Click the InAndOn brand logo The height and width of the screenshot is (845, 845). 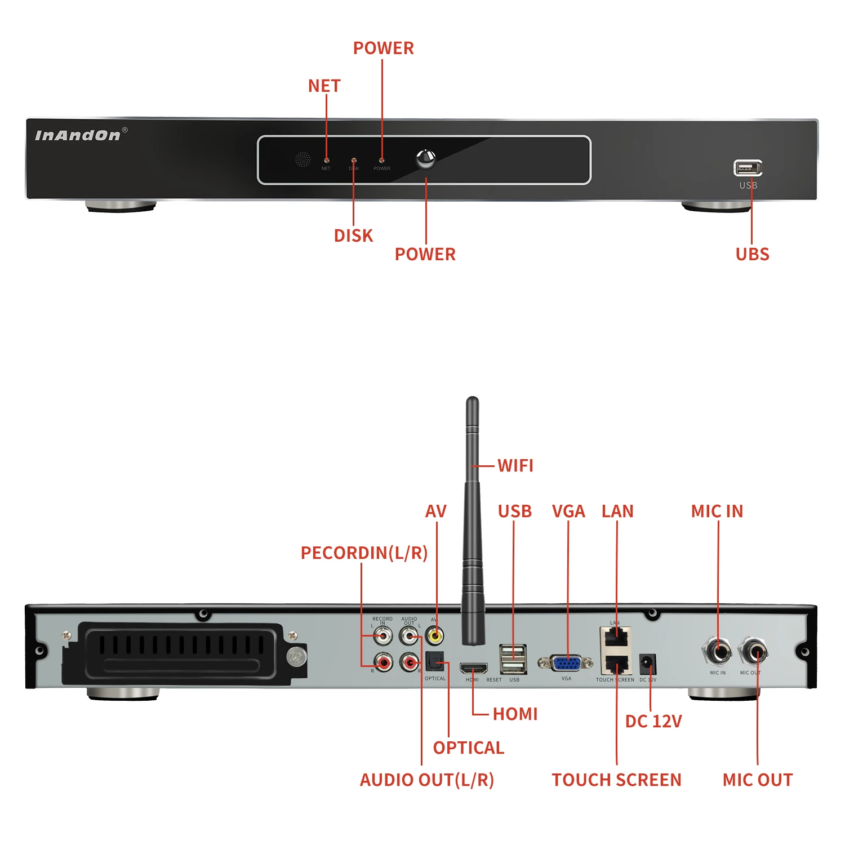[x=78, y=135]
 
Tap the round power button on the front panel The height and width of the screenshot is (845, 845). [x=425, y=159]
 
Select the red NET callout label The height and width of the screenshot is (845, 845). [x=324, y=86]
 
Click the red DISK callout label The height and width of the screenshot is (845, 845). [x=353, y=235]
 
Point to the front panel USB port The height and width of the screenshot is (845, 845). [x=748, y=168]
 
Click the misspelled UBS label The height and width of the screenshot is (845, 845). [x=752, y=254]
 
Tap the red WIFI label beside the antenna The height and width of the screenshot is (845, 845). [x=515, y=466]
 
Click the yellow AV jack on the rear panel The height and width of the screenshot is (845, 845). [x=434, y=637]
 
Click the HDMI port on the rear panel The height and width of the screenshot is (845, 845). [x=473, y=669]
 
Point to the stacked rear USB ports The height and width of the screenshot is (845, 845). [x=513, y=659]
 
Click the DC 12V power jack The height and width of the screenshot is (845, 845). [x=648, y=664]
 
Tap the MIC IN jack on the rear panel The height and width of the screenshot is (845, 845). [x=718, y=653]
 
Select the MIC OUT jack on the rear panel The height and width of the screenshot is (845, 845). [x=753, y=653]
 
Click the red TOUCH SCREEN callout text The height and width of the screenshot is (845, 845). [x=616, y=780]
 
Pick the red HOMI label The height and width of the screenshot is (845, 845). [x=515, y=714]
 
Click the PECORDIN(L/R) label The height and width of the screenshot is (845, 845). [x=364, y=553]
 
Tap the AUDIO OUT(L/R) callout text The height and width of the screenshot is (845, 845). [x=426, y=780]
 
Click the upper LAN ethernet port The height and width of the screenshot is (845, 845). [x=616, y=638]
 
